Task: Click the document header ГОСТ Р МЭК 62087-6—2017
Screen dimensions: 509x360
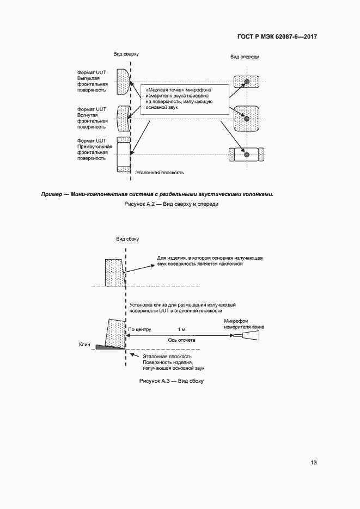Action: point(277,37)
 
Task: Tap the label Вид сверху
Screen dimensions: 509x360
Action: point(126,55)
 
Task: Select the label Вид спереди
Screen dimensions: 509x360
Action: point(245,57)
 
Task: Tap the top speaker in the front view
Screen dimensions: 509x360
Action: point(246,82)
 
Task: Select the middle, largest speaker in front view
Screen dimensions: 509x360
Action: point(246,118)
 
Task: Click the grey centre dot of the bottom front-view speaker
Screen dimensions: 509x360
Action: point(247,155)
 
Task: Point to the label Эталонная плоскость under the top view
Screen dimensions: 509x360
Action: point(160,173)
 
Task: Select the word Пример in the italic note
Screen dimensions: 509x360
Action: point(52,194)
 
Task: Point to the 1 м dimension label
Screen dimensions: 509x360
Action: point(181,330)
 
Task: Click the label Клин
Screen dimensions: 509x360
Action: point(84,344)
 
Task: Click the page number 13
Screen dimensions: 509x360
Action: point(313,463)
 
